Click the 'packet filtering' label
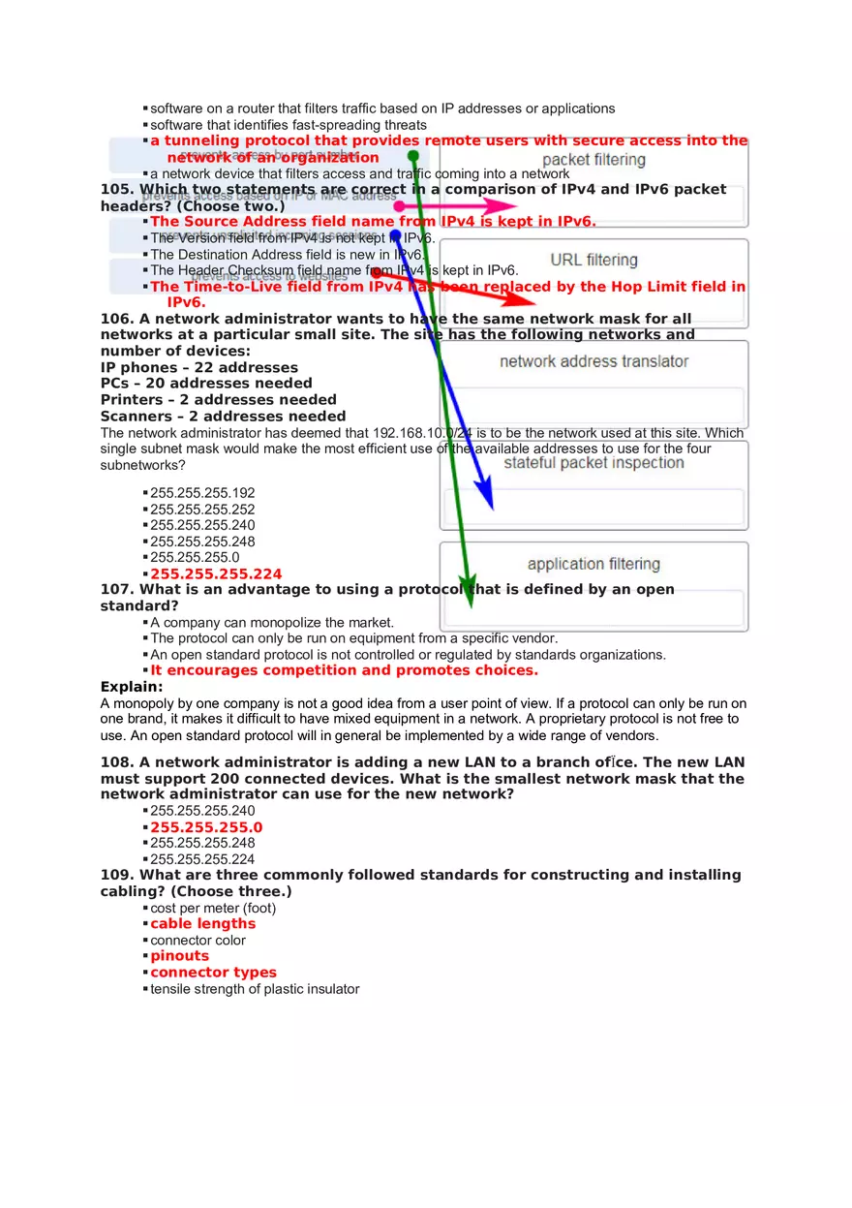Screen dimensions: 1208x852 click(593, 160)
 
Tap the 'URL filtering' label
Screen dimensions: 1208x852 click(593, 260)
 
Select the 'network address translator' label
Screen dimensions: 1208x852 click(593, 361)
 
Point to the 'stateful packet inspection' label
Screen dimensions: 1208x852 click(593, 462)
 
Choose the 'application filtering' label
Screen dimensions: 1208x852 click(593, 564)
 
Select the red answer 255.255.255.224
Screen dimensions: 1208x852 click(215, 573)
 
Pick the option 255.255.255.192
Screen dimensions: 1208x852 click(202, 493)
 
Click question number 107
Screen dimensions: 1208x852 click(117, 589)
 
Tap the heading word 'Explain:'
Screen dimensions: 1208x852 click(132, 687)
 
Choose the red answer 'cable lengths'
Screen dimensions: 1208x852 click(202, 923)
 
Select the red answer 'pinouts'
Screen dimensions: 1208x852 click(179, 956)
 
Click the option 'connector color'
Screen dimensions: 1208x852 click(198, 940)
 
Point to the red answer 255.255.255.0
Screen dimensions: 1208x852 click(205, 827)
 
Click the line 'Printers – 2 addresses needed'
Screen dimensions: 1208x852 click(219, 399)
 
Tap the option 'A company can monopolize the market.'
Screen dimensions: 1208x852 click(271, 623)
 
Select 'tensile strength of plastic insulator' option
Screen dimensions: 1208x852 click(255, 989)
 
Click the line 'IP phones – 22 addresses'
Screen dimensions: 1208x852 click(199, 367)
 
